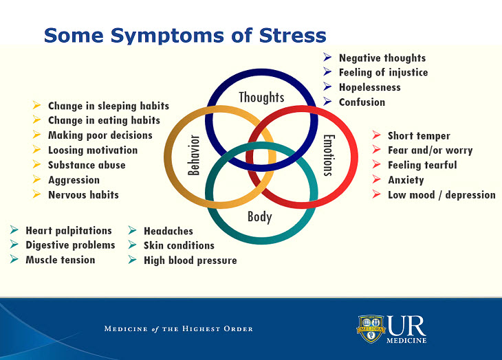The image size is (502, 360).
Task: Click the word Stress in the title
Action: (x=284, y=34)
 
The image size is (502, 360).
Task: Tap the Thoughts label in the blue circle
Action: (x=261, y=97)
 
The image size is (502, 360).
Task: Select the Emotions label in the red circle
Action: (x=328, y=155)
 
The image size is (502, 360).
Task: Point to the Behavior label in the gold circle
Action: (x=194, y=155)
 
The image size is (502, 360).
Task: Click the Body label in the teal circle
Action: (x=260, y=217)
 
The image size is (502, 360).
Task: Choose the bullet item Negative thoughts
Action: (x=382, y=58)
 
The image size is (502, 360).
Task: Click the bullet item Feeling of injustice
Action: (x=383, y=73)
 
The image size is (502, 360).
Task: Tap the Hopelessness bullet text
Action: (x=369, y=87)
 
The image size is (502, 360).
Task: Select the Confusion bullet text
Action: (x=362, y=102)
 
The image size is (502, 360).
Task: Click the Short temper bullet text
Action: (x=419, y=136)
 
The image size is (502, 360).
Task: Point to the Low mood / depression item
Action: (x=441, y=194)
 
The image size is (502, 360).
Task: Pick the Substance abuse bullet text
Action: (x=87, y=165)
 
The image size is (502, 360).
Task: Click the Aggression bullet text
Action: (x=74, y=180)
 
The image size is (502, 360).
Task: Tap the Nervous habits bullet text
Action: (x=83, y=194)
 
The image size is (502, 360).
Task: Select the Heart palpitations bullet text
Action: (x=68, y=231)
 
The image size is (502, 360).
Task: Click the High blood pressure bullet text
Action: (x=190, y=260)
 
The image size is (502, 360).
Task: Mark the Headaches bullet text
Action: (x=168, y=231)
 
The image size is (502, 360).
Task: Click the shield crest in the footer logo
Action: (x=370, y=328)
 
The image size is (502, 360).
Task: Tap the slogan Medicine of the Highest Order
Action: (x=178, y=329)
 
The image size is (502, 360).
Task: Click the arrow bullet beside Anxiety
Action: (x=376, y=179)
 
